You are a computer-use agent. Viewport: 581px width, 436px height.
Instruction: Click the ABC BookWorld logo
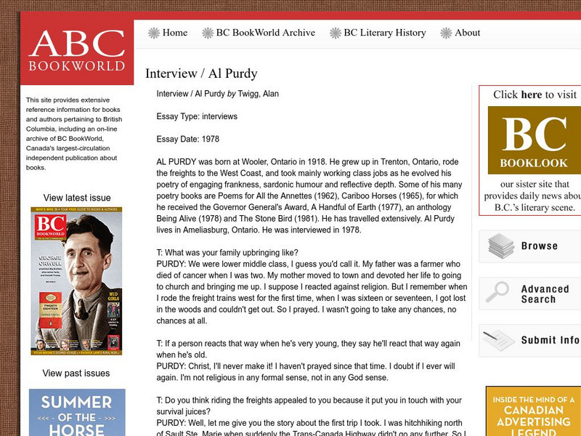(76, 51)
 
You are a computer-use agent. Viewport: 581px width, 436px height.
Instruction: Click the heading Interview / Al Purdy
(201, 73)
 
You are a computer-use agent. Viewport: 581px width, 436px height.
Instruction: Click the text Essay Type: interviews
(197, 116)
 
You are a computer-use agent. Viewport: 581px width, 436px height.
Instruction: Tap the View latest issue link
(77, 198)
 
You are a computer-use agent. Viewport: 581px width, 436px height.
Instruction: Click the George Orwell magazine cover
(76, 281)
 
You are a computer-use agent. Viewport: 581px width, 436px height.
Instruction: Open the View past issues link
(76, 374)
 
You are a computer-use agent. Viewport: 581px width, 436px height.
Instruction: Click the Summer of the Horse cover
(77, 412)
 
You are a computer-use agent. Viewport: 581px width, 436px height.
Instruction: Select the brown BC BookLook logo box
(534, 140)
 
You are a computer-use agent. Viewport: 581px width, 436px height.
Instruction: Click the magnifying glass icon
(497, 292)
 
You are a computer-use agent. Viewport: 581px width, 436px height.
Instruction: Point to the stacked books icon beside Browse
(501, 246)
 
